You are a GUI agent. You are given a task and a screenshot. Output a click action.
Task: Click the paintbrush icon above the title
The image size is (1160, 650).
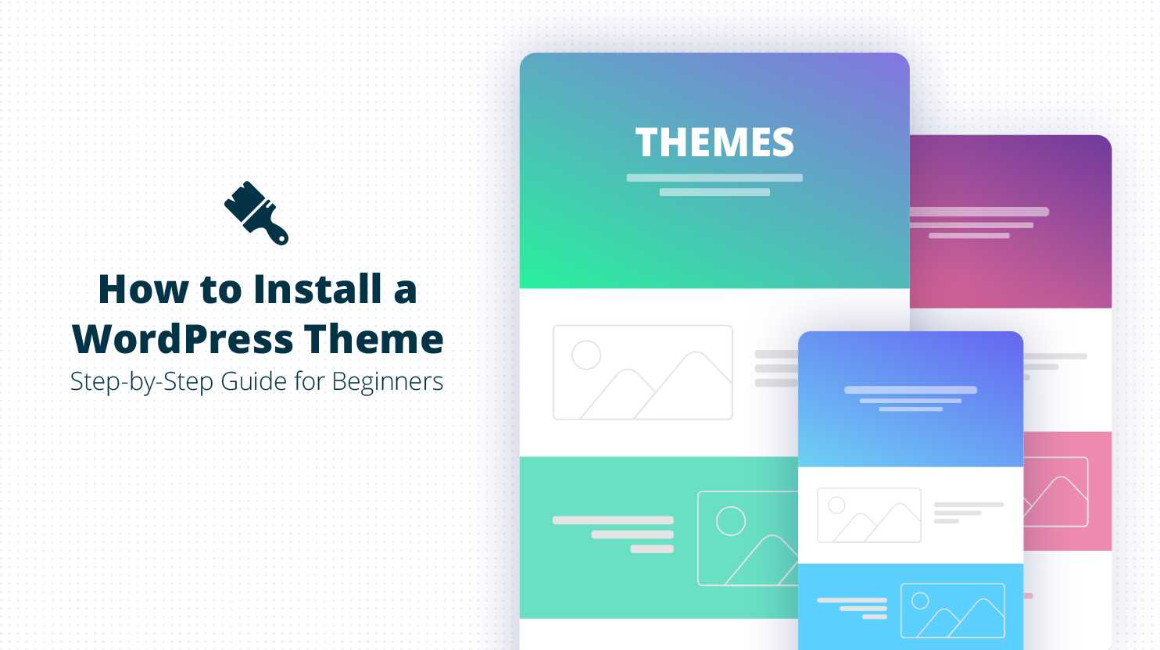coord(256,212)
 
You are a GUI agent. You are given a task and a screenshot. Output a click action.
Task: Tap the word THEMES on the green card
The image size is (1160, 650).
coord(714,142)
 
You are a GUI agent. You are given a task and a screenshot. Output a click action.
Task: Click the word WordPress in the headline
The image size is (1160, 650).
coord(183,339)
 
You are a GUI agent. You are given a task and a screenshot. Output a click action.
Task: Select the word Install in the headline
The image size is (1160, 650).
coord(317,289)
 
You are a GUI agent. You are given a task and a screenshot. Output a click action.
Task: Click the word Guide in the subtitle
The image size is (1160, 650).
coord(253,381)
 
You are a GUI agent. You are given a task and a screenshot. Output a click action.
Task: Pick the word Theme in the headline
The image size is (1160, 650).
coord(374,339)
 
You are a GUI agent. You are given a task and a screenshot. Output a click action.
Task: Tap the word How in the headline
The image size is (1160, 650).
coord(143,289)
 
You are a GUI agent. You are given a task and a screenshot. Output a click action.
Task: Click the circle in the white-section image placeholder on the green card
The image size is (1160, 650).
coord(586,355)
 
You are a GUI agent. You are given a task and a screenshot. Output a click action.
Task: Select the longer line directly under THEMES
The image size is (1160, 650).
coord(714,178)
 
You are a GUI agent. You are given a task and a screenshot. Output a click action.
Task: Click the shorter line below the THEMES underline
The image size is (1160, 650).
coord(714,192)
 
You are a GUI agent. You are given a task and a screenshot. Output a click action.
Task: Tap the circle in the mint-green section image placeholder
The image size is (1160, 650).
coord(731,520)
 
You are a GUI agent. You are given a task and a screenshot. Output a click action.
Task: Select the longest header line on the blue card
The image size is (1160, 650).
coord(911,390)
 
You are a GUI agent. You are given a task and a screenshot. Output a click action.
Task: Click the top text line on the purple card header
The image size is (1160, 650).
coord(979,212)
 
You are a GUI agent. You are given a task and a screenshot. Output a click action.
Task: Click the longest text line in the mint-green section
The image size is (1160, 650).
coord(613,520)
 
